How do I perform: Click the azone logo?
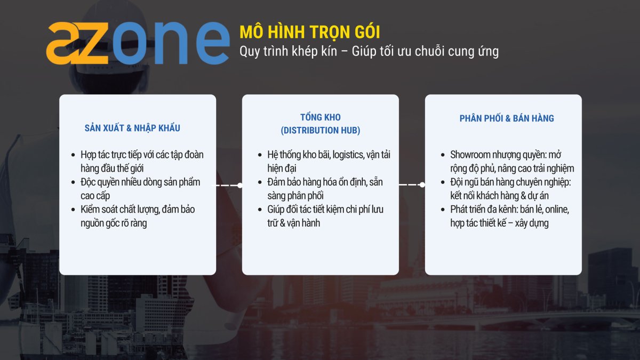(138, 43)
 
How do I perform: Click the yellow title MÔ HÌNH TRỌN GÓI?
(310, 32)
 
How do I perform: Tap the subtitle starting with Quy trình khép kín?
(369, 52)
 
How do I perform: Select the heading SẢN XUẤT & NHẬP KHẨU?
(132, 127)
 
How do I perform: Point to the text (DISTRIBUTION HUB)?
(321, 130)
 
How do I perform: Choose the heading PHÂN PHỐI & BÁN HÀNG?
(507, 118)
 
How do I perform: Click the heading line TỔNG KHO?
(321, 117)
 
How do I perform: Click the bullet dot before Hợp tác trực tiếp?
(73, 155)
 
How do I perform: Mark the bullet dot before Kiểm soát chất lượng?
(73, 210)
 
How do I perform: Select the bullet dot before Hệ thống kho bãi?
(260, 155)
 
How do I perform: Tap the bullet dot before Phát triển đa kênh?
(443, 210)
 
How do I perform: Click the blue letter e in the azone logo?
(213, 43)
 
